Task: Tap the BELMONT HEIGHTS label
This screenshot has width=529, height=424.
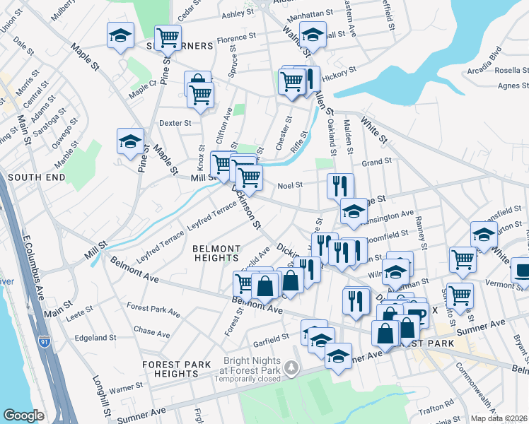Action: tap(216, 253)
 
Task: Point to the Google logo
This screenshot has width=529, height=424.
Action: tap(23, 416)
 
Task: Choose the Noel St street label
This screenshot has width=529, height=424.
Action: tap(290, 185)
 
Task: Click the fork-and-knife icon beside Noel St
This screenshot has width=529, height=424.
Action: tap(340, 186)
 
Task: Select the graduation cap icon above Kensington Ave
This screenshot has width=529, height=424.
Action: tap(354, 211)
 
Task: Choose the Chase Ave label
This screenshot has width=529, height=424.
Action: tap(152, 331)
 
